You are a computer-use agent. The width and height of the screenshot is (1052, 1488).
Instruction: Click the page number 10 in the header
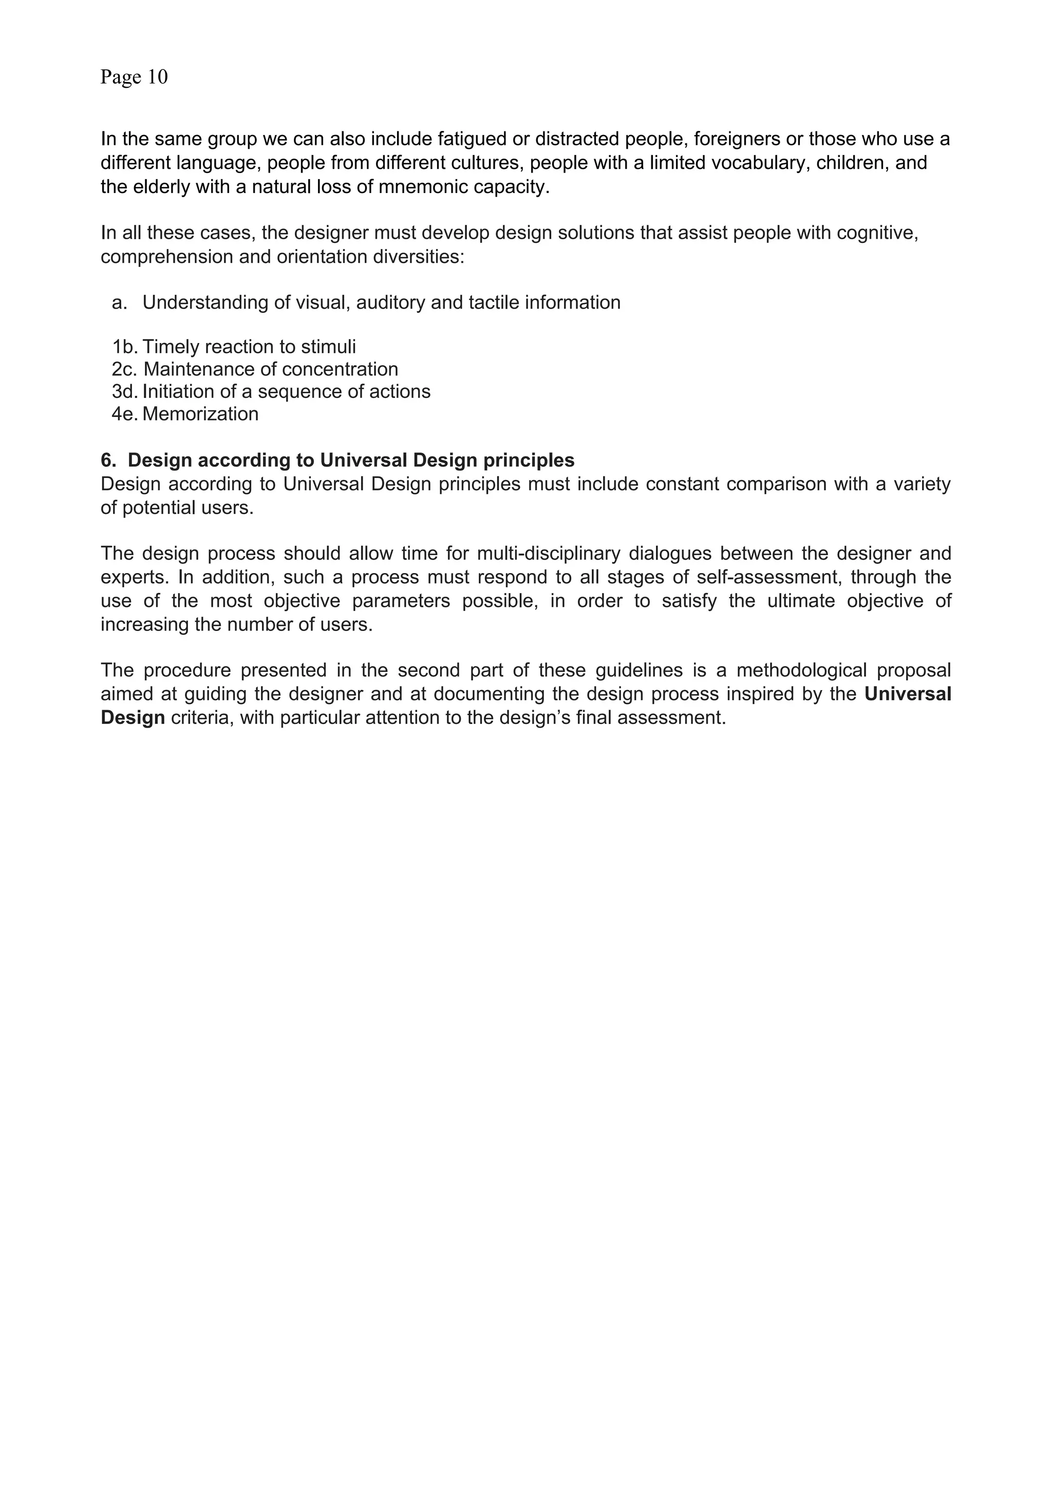(x=158, y=77)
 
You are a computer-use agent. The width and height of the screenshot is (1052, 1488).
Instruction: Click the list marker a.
(x=119, y=302)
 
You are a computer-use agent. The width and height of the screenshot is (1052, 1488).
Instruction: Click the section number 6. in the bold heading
(x=108, y=460)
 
